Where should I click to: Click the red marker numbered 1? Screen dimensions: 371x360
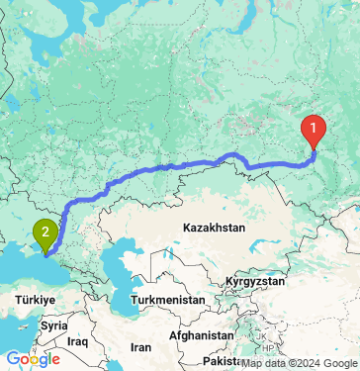click(315, 129)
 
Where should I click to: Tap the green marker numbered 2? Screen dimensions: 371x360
click(45, 233)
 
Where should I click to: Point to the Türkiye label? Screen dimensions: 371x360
click(38, 297)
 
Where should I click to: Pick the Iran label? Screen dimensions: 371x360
click(141, 347)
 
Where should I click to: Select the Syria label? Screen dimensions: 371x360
click(53, 325)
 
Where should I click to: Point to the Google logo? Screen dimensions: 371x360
click(32, 359)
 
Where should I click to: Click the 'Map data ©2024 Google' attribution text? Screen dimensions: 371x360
click(298, 363)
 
